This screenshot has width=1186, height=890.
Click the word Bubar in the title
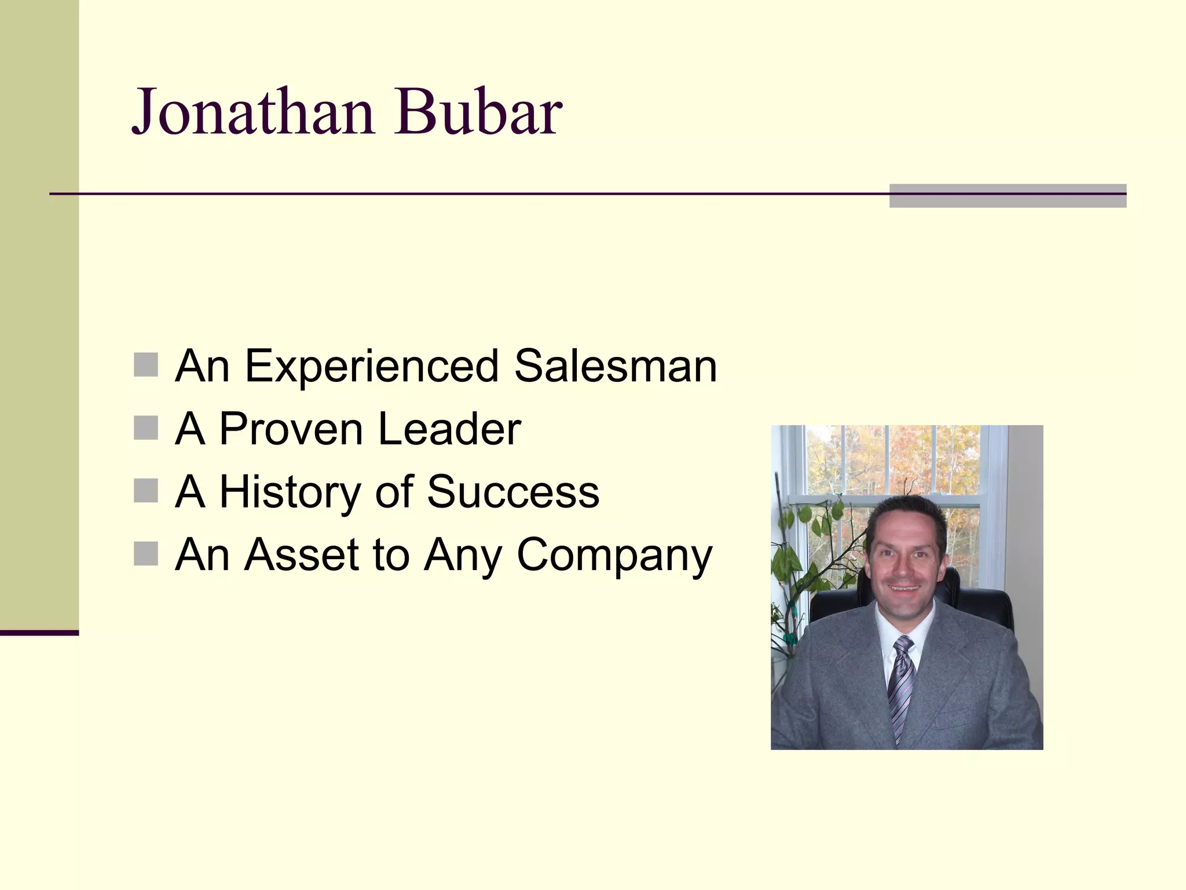click(x=478, y=111)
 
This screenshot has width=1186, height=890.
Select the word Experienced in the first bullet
click(x=371, y=366)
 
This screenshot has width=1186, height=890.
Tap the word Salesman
click(x=615, y=366)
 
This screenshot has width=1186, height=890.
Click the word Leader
click(x=449, y=429)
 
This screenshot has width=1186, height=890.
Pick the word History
click(x=290, y=492)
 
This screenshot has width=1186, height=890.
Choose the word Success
click(x=513, y=492)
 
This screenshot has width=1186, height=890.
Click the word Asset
click(x=302, y=555)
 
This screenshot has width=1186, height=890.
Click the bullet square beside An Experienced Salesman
click(x=146, y=365)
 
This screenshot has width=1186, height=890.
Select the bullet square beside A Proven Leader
click(x=146, y=428)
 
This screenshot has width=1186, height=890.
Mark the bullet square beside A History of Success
click(x=146, y=491)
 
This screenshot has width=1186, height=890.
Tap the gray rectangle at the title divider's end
click(x=1008, y=196)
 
